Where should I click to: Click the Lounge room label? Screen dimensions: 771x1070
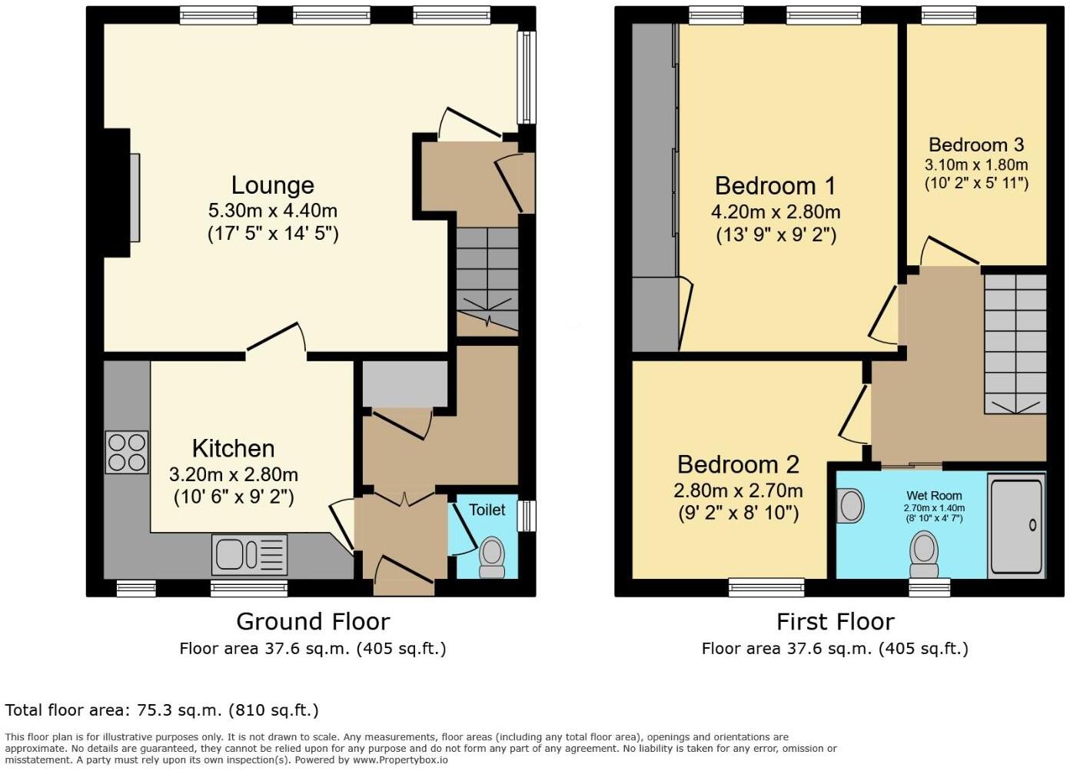[273, 185]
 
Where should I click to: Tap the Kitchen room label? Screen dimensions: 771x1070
[233, 448]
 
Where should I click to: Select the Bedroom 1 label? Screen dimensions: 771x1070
[775, 186]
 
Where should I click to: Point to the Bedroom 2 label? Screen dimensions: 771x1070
[738, 464]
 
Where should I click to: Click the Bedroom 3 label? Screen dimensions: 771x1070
[976, 145]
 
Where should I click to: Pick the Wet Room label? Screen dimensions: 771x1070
[934, 496]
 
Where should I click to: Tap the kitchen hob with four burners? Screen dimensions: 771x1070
[127, 452]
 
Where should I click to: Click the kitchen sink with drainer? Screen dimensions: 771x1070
[249, 554]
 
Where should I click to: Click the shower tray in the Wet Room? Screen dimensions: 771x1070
[1016, 526]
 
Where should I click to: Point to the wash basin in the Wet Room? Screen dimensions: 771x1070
[849, 507]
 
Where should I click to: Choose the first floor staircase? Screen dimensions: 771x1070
[1015, 344]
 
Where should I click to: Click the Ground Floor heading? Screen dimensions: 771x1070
[313, 621]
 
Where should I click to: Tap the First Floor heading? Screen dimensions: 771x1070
[835, 621]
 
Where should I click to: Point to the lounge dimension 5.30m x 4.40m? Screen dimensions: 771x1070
[273, 211]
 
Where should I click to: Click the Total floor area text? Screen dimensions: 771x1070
[161, 710]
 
